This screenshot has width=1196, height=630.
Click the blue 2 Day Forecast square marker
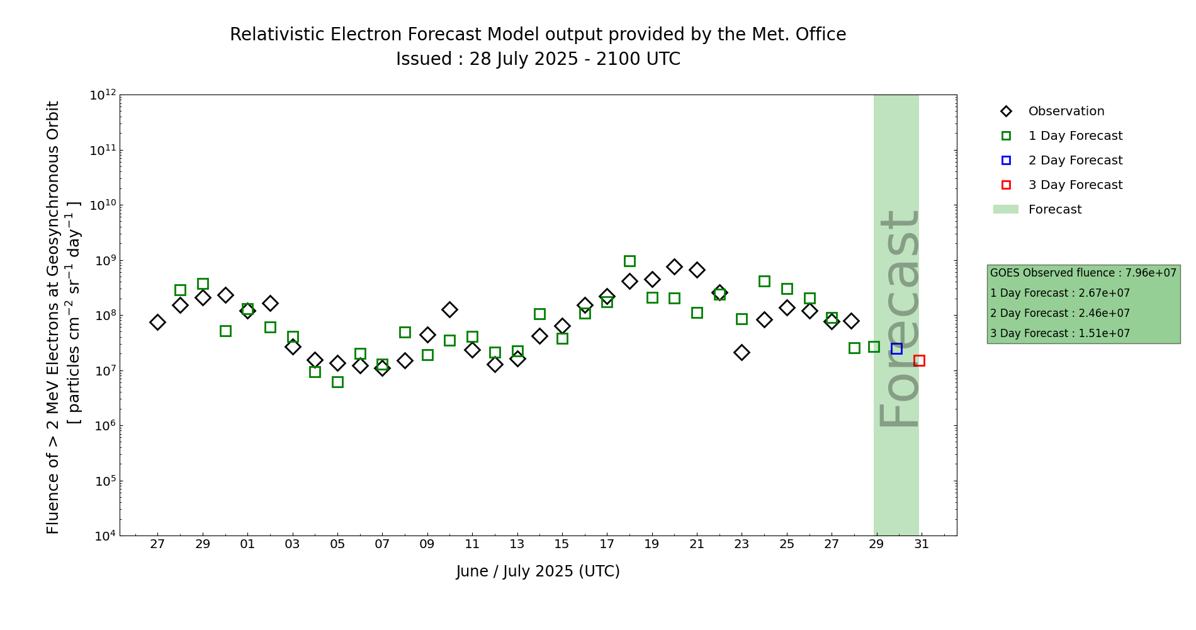click(896, 348)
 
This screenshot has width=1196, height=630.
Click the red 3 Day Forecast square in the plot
click(919, 360)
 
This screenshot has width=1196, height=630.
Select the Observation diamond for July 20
click(674, 266)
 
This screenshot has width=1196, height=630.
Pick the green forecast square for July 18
click(629, 261)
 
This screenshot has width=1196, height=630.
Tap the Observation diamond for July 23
click(742, 352)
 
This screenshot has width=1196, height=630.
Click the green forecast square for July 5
click(337, 382)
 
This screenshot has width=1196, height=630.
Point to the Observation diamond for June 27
click(157, 322)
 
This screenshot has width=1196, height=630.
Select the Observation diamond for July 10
click(449, 309)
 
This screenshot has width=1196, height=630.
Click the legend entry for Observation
click(1066, 112)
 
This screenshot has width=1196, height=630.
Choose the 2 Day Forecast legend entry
click(1075, 161)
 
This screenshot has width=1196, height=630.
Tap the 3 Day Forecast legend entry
click(1075, 185)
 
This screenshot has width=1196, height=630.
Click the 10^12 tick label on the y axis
click(103, 95)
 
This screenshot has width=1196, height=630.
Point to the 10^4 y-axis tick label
click(103, 536)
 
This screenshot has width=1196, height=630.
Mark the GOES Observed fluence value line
click(1083, 273)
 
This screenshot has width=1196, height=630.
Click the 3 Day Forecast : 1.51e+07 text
click(1059, 333)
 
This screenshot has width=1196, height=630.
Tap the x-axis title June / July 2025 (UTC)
click(538, 571)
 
